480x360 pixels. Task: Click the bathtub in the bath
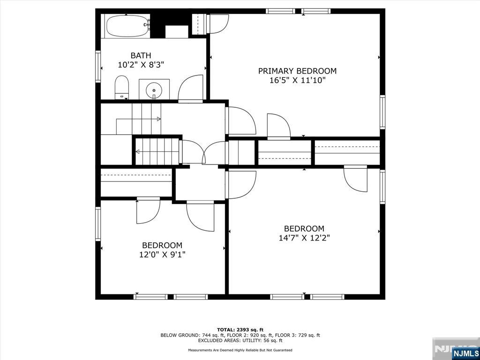click(127, 26)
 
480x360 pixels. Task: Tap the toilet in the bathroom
click(121, 87)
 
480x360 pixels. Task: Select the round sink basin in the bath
click(154, 90)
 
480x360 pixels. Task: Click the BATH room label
click(141, 55)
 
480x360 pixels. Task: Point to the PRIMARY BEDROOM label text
click(297, 71)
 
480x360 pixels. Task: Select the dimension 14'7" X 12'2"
click(304, 238)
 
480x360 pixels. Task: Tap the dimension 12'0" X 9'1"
click(162, 255)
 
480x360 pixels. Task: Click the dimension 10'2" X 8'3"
click(141, 65)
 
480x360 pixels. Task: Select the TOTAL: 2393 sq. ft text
click(240, 330)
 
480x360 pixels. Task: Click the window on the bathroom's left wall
click(98, 67)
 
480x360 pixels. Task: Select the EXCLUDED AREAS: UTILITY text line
click(240, 340)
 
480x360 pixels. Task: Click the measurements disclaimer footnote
click(240, 350)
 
